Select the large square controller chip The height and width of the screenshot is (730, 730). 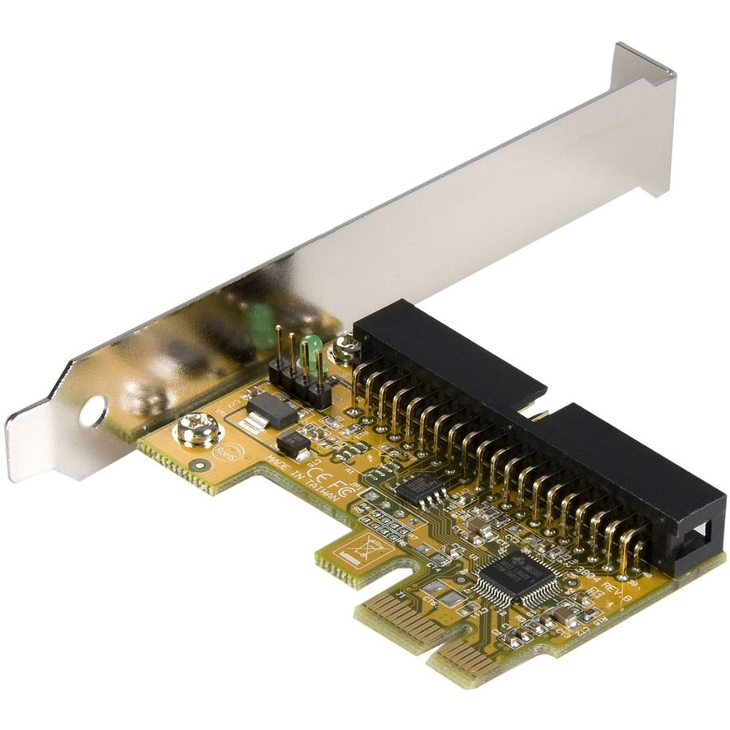point(515,575)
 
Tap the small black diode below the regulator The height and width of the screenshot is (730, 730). point(293,443)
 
